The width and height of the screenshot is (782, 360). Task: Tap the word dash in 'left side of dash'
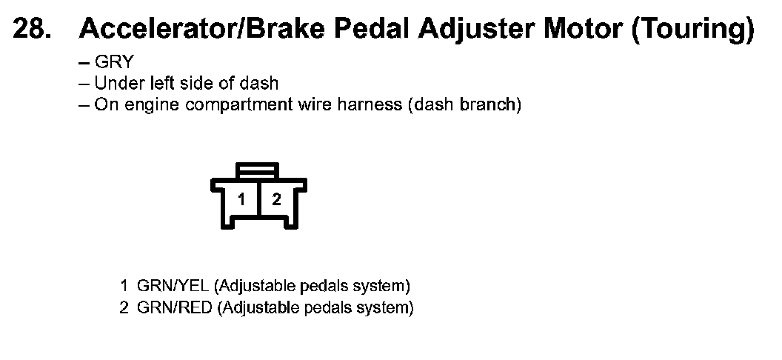261,84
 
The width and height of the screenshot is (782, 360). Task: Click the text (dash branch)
464,104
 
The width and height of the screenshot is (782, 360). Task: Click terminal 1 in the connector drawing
241,199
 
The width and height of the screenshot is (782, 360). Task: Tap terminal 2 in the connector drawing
276,199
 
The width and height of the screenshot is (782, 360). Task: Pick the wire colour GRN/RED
175,307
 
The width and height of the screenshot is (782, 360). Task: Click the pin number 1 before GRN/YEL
124,286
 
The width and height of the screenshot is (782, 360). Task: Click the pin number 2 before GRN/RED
124,307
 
